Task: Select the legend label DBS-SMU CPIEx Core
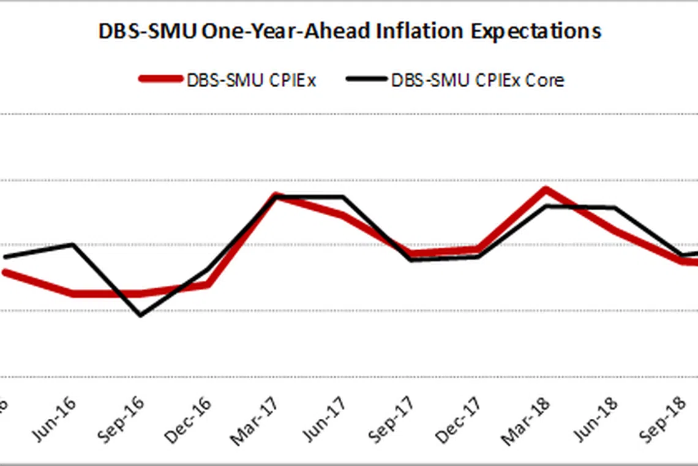pyautogui.click(x=478, y=80)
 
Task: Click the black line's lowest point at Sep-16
pyautogui.click(x=141, y=315)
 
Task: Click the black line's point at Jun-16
pyautogui.click(x=73, y=244)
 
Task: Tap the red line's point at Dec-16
pyautogui.click(x=209, y=285)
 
